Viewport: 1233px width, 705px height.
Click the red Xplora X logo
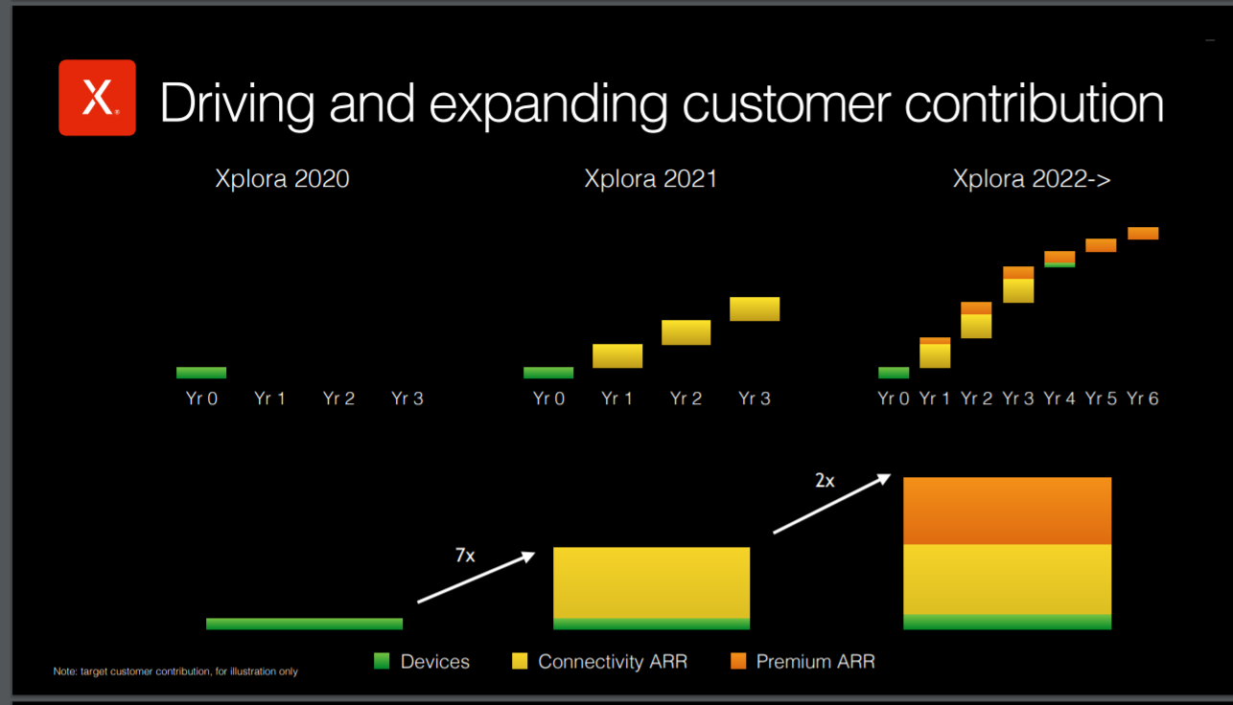click(98, 98)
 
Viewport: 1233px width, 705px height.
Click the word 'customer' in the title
click(786, 103)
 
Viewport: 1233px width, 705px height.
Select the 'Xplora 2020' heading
click(282, 179)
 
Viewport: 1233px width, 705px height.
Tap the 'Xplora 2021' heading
click(651, 179)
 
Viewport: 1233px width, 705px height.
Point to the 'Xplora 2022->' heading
click(1032, 179)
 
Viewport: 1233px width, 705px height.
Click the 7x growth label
click(465, 556)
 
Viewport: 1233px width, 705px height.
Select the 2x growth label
click(825, 481)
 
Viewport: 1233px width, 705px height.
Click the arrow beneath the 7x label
click(477, 578)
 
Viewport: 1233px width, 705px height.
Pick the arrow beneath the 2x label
click(831, 504)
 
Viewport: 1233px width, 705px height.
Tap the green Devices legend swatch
click(382, 661)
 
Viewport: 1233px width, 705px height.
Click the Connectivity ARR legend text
click(613, 662)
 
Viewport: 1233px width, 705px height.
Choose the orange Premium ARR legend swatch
click(738, 661)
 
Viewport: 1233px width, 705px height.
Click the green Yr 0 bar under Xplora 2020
click(201, 373)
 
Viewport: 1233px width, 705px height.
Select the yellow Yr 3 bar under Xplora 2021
click(755, 308)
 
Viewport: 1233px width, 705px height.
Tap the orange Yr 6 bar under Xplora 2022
click(1143, 233)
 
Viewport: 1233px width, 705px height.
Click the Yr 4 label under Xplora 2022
click(1059, 398)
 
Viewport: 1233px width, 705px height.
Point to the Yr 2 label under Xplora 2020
click(338, 398)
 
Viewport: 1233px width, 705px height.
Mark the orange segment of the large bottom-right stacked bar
click(1008, 511)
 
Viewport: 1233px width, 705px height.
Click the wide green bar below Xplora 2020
click(304, 624)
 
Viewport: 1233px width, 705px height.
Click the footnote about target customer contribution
click(175, 671)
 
